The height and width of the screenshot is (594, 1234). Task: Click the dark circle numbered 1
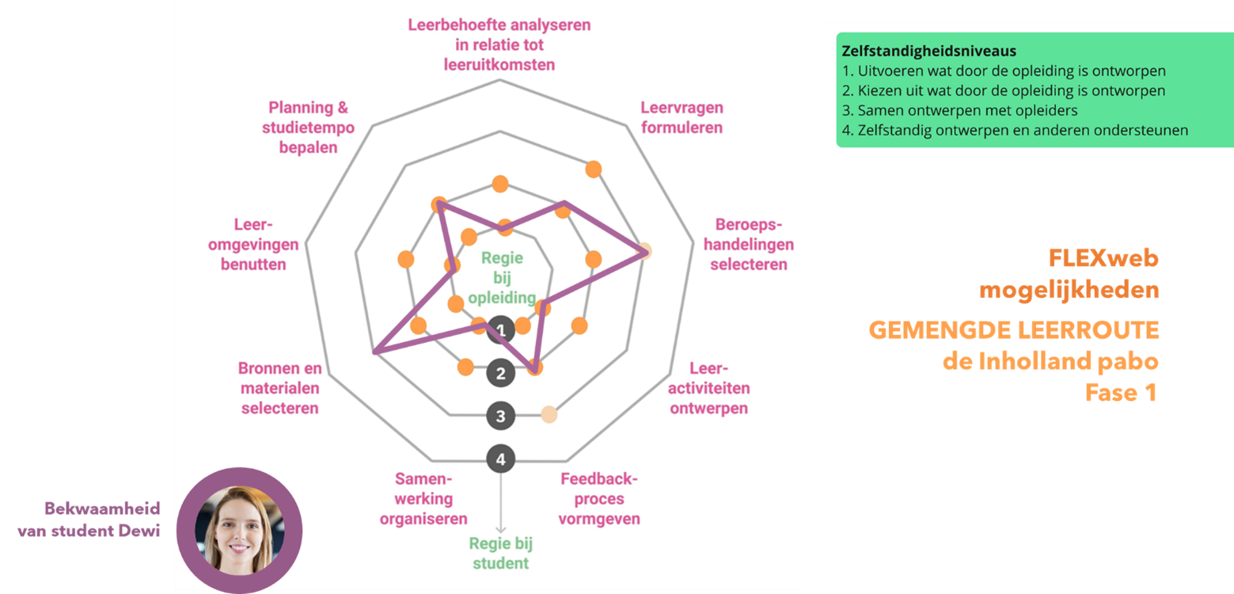click(x=500, y=329)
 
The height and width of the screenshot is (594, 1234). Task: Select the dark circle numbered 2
click(x=500, y=372)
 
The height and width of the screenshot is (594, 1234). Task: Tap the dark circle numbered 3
click(x=500, y=416)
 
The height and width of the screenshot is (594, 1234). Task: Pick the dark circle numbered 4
click(x=500, y=459)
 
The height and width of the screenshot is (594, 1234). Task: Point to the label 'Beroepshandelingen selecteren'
click(x=749, y=244)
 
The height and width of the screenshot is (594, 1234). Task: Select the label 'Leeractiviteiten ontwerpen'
click(x=709, y=388)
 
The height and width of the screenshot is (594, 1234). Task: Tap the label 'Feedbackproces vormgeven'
click(x=599, y=499)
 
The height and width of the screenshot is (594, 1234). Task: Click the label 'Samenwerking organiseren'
click(x=423, y=499)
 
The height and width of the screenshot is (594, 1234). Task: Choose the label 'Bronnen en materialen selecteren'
click(x=280, y=388)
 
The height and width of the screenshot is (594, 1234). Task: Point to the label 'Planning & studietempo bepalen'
click(x=308, y=127)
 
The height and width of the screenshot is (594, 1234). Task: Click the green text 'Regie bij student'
click(x=499, y=554)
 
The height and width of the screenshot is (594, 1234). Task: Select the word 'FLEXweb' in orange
click(x=1103, y=258)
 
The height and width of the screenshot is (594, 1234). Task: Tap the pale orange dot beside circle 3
click(x=549, y=413)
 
